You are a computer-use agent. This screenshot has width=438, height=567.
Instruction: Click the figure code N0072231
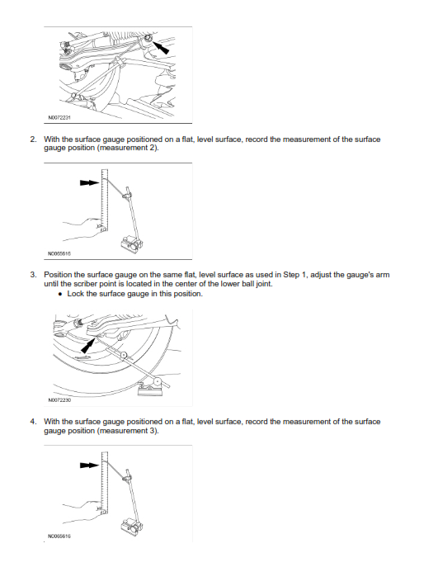point(59,117)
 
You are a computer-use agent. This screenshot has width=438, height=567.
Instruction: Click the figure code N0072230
point(59,400)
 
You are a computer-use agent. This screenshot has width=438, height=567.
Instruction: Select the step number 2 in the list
point(33,139)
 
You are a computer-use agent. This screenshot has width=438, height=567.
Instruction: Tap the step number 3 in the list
point(33,275)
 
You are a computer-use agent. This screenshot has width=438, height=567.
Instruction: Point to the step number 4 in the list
point(33,422)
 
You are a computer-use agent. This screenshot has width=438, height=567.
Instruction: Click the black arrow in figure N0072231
point(161,47)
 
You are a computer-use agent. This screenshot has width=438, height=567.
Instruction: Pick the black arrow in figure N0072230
point(87,346)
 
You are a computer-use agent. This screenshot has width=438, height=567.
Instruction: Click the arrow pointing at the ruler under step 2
point(89,182)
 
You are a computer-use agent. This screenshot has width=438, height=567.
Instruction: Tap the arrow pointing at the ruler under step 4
point(89,465)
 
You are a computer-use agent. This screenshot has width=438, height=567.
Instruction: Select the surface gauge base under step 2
point(132,244)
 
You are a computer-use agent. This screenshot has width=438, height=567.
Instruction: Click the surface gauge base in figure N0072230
point(151,388)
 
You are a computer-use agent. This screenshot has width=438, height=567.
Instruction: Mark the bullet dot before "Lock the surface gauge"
point(60,294)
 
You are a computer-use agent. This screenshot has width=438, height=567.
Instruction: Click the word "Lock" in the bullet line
point(76,294)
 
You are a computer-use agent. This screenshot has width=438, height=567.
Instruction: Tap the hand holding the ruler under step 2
point(84,229)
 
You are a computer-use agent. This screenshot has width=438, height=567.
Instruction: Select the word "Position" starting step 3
point(58,275)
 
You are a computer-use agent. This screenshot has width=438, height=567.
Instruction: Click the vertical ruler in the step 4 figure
point(105,483)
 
